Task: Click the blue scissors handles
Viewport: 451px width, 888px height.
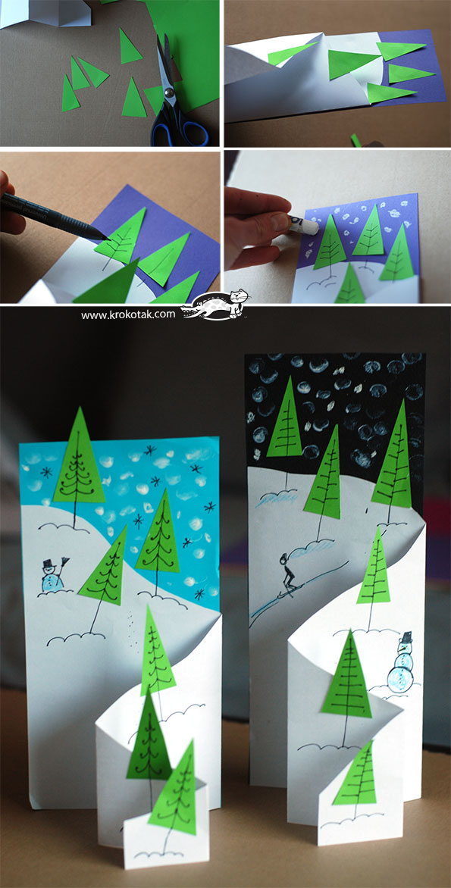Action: (x=178, y=128)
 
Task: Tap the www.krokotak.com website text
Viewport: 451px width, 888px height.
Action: (x=127, y=314)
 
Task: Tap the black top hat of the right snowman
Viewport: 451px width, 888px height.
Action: (x=406, y=634)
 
